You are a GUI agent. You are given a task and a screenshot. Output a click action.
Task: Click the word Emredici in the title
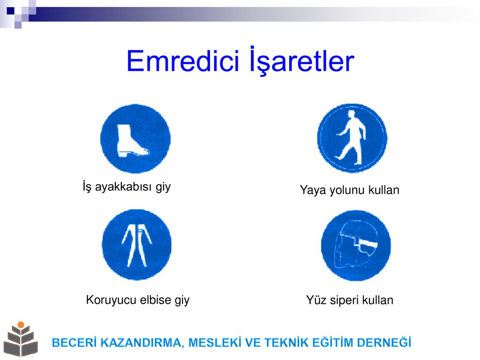182,61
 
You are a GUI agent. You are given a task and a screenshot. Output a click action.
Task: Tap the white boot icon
132,141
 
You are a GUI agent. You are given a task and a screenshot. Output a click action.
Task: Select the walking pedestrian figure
351,137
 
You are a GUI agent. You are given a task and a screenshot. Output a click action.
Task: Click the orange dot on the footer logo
21,325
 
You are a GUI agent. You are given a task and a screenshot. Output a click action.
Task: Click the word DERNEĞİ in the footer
384,342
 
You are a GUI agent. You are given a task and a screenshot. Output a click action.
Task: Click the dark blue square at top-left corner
10,11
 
